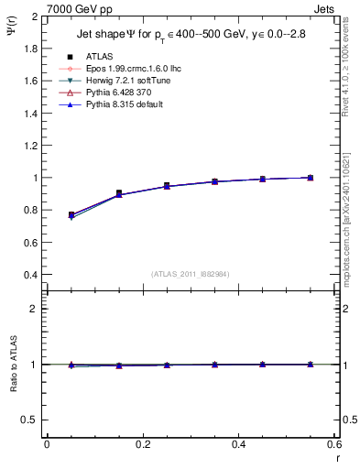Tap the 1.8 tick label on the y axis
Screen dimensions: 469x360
31,49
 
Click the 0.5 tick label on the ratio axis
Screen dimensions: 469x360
31,420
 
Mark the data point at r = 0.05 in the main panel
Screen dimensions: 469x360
71,214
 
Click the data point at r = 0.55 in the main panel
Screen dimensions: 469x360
311,178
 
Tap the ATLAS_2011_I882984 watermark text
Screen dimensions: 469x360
191,273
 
